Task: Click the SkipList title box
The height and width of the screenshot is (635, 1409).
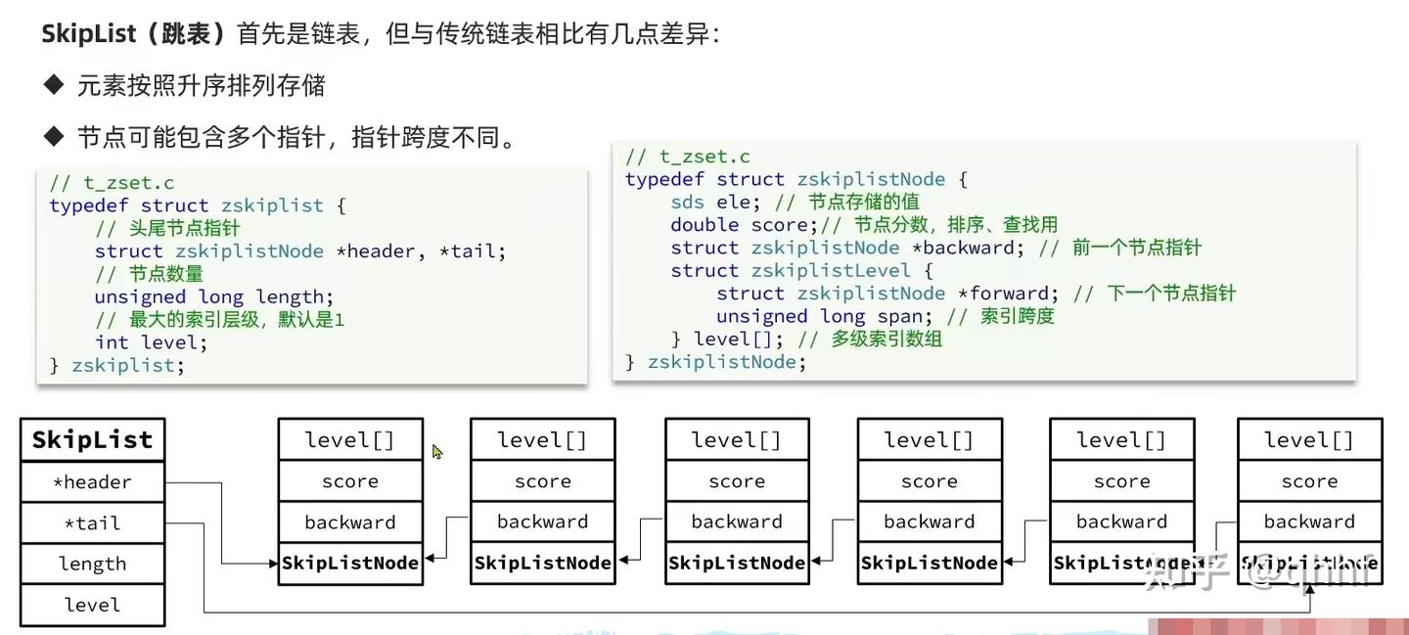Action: tap(92, 440)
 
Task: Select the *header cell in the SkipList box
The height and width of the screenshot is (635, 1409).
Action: tap(92, 482)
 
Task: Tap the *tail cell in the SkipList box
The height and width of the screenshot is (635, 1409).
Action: tap(92, 523)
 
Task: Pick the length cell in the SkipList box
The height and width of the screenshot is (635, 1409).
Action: tap(92, 565)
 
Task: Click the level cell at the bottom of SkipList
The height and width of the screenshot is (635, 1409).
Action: tap(92, 606)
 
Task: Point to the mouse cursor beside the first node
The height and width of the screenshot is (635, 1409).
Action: tap(436, 451)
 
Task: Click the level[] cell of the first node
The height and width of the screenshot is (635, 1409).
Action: tap(350, 440)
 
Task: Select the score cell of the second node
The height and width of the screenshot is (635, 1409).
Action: tap(542, 481)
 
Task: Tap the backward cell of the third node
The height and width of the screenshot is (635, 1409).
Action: tap(737, 522)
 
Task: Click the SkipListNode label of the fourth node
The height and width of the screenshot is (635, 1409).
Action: tap(930, 564)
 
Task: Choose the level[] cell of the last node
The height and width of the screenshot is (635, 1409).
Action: tap(1309, 440)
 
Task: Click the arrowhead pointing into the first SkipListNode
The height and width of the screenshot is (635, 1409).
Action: tap(273, 564)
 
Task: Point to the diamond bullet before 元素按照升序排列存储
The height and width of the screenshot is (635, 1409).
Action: tap(53, 85)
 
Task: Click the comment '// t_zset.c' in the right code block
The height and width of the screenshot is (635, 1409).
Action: tap(688, 157)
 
